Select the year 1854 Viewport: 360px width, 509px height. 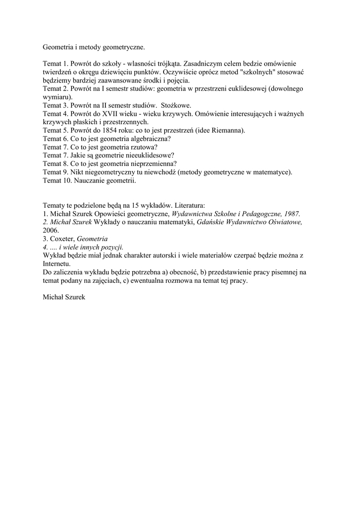(x=112, y=130)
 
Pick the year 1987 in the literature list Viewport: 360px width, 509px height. (x=291, y=214)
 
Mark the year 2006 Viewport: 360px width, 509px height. (x=51, y=231)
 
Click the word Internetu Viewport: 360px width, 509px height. (x=57, y=263)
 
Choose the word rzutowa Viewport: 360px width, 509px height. (x=143, y=147)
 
